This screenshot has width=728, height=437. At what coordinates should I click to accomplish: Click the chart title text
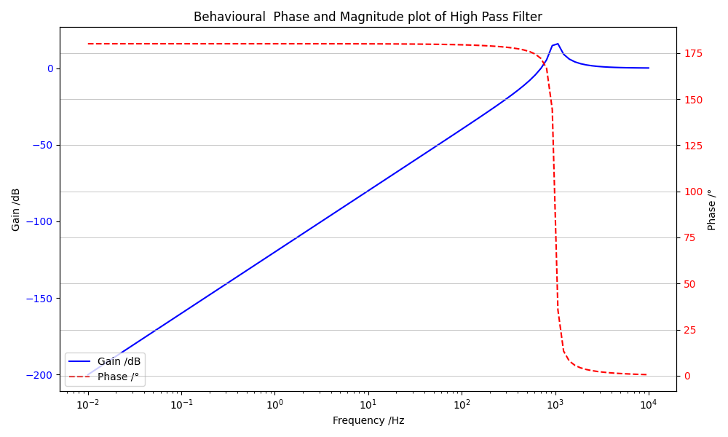coord(368,17)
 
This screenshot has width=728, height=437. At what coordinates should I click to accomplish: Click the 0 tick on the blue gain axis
coord(50,68)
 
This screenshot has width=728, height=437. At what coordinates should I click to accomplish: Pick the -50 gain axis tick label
coord(44,145)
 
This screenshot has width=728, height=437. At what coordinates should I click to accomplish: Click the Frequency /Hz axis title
coord(368,421)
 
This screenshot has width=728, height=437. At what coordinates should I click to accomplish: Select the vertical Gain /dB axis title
coord(16,210)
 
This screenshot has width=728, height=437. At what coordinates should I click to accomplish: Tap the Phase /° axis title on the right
coord(712,210)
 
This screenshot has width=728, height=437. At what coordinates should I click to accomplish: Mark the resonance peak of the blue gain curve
coord(558,44)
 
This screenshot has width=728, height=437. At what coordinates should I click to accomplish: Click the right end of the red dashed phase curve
coord(648,374)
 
